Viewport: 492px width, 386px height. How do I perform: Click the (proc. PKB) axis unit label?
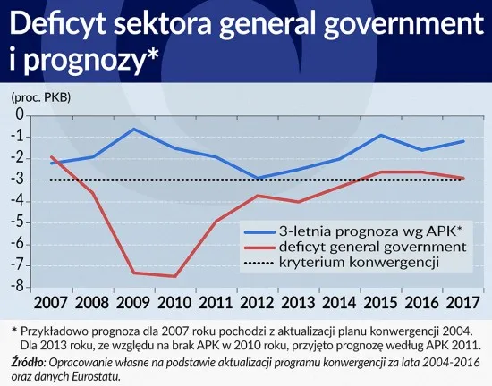pos(40,96)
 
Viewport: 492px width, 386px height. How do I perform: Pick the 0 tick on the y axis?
pos(20,115)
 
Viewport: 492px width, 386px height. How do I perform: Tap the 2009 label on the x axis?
pos(134,301)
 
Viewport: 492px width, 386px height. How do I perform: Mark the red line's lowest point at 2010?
pos(174,276)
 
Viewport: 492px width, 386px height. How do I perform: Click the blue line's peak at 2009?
pos(134,129)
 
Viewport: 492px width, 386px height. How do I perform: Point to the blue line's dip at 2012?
pos(258,178)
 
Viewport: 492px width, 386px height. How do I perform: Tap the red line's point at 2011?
pos(216,221)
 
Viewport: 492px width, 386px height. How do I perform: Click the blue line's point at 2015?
pos(381,135)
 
